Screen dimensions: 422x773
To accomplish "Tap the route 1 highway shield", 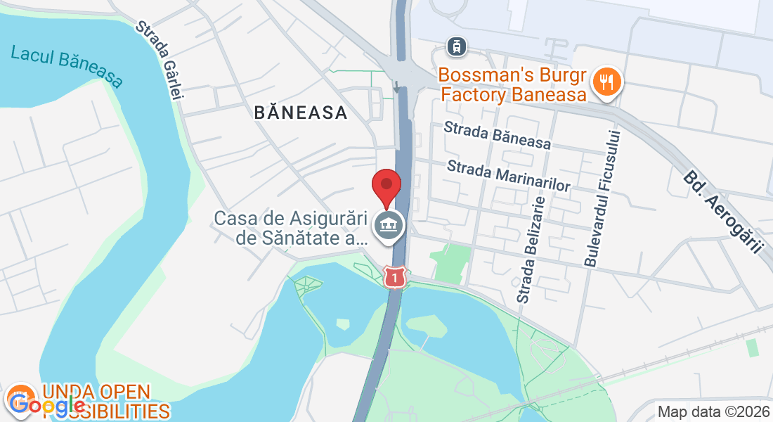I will [x=396, y=277].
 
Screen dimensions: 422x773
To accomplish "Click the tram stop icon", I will [x=457, y=47].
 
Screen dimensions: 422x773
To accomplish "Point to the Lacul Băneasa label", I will [x=67, y=66].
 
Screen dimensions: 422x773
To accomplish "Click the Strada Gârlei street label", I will [x=159, y=60].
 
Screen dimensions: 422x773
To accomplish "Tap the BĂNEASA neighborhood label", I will [x=301, y=113].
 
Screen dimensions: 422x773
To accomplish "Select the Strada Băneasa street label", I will [x=498, y=134].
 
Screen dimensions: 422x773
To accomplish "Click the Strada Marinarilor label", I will [x=507, y=175].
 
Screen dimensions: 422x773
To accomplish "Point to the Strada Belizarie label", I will [x=531, y=249].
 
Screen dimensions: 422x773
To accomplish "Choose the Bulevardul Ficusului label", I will [x=605, y=198].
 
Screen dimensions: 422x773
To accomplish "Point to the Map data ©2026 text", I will [x=713, y=411].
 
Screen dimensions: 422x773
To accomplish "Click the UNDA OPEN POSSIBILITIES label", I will [x=105, y=402].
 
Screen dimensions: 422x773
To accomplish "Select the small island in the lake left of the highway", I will [x=342, y=324].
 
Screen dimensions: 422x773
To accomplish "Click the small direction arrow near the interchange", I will [x=396, y=87].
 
